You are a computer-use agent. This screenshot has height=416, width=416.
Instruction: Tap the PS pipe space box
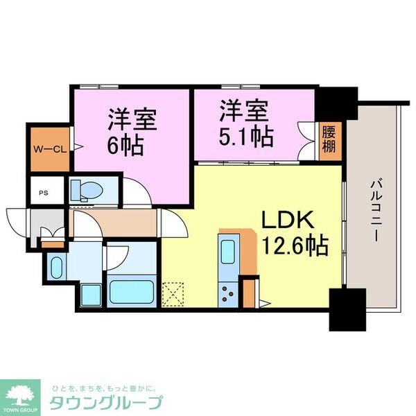point(43,191)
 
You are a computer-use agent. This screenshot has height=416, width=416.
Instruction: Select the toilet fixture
point(87,189)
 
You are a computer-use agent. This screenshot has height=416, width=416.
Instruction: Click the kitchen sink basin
point(228,251)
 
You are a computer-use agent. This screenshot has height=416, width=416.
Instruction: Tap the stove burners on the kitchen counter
point(227,295)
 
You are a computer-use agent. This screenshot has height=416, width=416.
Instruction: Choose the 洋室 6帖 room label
point(132,132)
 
